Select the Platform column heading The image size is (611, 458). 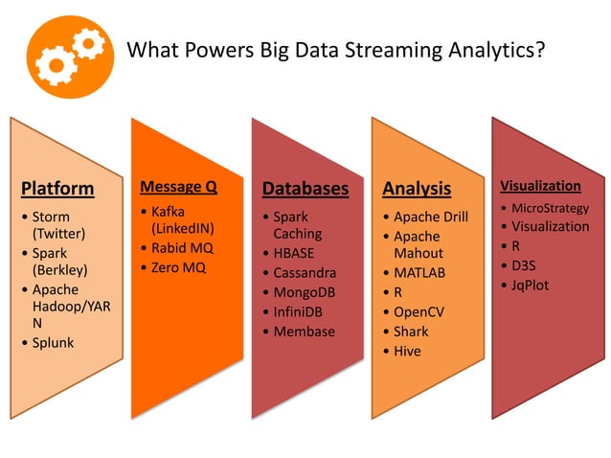(x=57, y=188)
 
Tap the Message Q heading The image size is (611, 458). (x=178, y=186)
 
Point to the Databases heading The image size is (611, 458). (x=305, y=189)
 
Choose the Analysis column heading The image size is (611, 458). (x=417, y=189)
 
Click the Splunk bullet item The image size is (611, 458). (x=53, y=342)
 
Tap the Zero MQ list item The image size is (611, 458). (x=179, y=266)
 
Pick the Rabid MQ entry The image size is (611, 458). (x=183, y=247)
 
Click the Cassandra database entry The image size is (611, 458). (x=305, y=273)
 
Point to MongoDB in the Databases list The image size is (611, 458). (x=305, y=292)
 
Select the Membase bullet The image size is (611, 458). (x=304, y=332)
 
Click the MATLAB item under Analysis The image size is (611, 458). (x=419, y=273)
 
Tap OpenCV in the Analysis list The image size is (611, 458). (x=419, y=311)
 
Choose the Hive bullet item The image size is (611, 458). (x=407, y=351)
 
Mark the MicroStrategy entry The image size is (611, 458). (x=550, y=208)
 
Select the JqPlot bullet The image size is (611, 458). (x=530, y=285)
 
